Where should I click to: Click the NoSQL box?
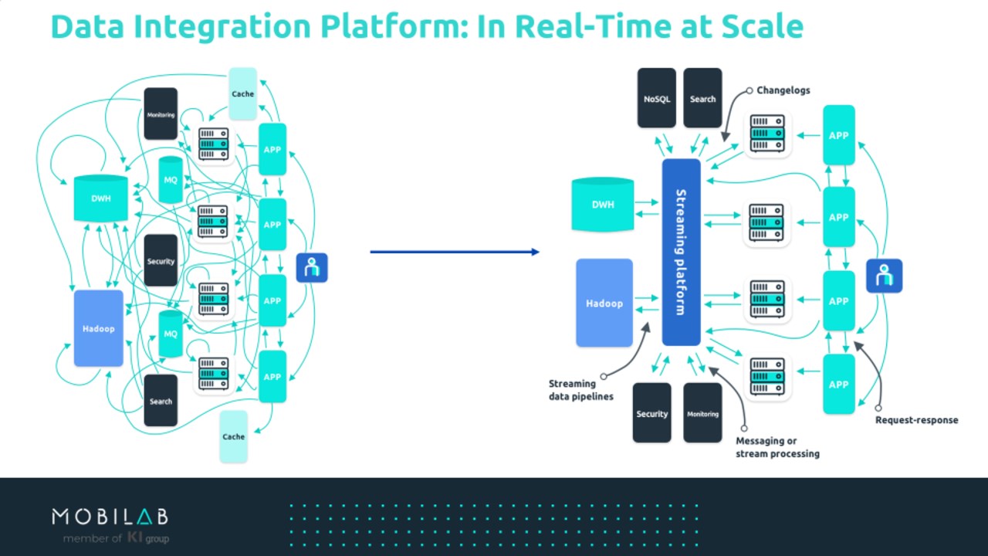click(657, 98)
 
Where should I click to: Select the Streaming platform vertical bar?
click(681, 252)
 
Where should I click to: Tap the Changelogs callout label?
click(783, 90)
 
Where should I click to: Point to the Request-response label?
click(916, 420)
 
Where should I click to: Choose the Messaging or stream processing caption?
click(777, 447)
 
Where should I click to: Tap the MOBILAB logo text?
click(110, 517)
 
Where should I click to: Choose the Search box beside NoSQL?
click(702, 98)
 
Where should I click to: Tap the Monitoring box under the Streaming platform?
click(702, 413)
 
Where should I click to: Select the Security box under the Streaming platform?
click(652, 413)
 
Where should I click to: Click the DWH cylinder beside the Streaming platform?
click(603, 205)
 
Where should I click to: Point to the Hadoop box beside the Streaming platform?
click(604, 303)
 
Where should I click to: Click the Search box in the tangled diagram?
click(161, 401)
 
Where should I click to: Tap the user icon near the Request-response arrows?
click(884, 276)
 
